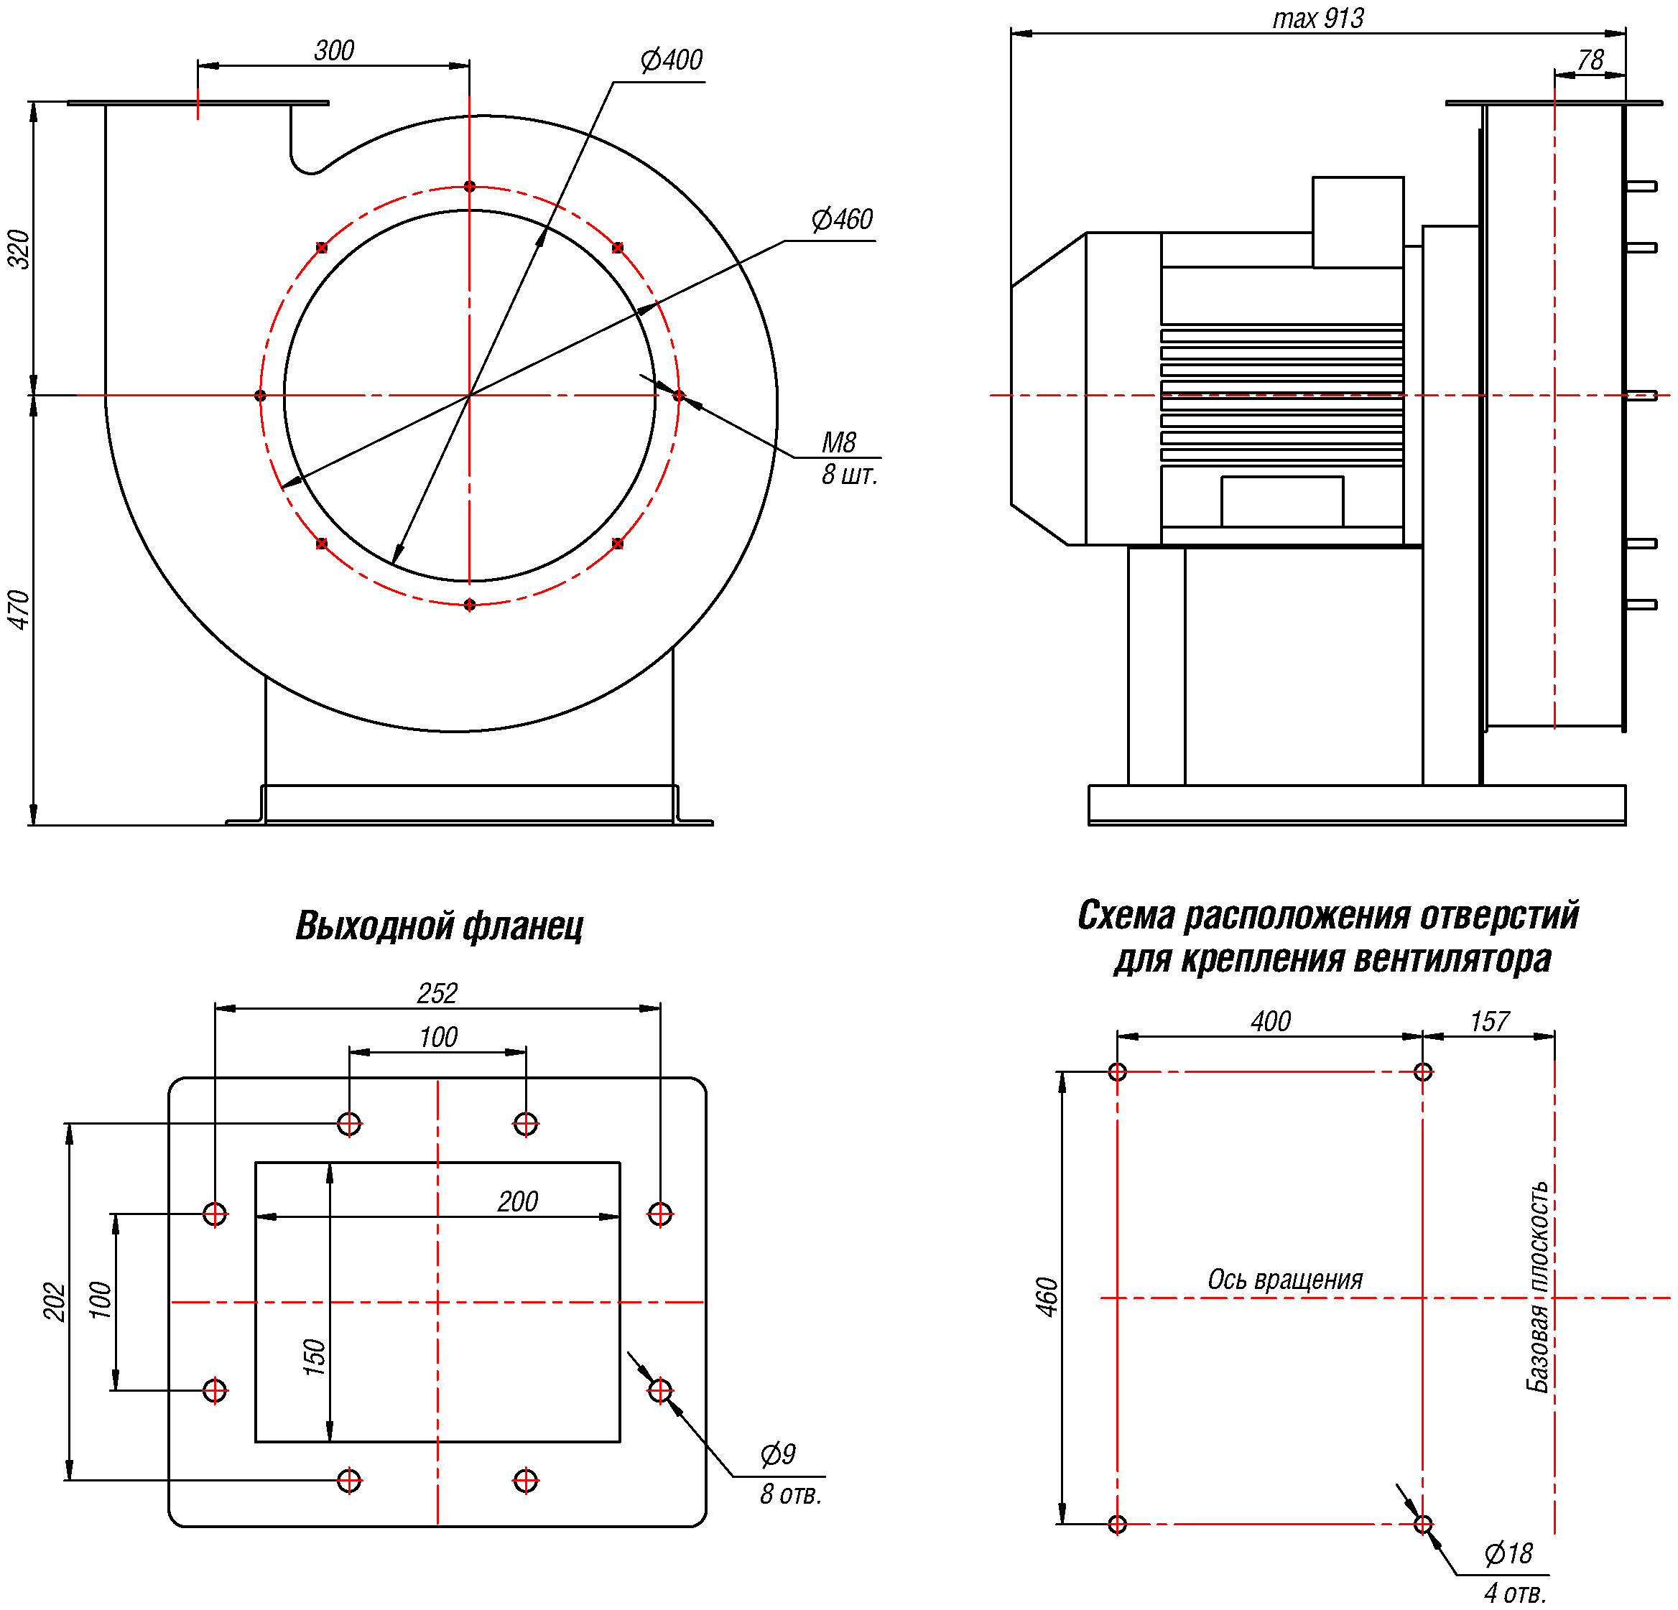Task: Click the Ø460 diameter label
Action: [x=843, y=220]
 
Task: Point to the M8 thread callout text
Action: [x=839, y=442]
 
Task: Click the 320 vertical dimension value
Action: [x=19, y=249]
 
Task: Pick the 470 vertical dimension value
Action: [x=19, y=610]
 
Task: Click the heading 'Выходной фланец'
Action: [x=439, y=926]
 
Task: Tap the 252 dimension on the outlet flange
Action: [x=437, y=993]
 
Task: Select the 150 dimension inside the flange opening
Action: [x=314, y=1357]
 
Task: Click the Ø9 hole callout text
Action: [x=777, y=1453]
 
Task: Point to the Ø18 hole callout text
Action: [x=1508, y=1553]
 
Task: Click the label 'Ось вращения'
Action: [x=1284, y=1280]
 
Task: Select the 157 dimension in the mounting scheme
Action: [x=1490, y=1021]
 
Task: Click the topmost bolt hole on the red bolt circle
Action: [x=469, y=187]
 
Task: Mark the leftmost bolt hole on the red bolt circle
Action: [x=260, y=396]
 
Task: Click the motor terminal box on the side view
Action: [x=1358, y=223]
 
